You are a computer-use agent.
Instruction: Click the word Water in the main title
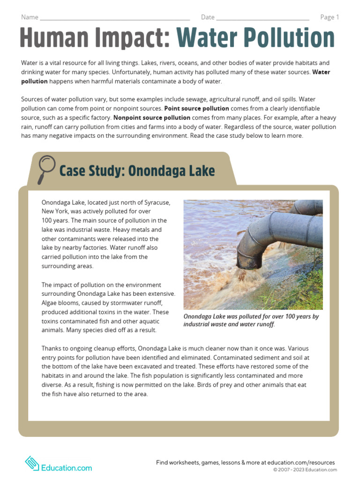(211, 38)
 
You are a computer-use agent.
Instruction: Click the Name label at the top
(29, 17)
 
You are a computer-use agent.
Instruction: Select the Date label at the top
(208, 17)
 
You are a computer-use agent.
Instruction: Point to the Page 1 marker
(329, 17)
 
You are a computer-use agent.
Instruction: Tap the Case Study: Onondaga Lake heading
(137, 171)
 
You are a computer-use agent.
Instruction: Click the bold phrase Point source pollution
(196, 108)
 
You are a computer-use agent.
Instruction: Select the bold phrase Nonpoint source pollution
(151, 118)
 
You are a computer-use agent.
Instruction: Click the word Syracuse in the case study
(155, 202)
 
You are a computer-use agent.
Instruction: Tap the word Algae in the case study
(50, 303)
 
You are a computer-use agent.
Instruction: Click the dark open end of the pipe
(247, 261)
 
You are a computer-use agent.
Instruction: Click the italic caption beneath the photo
(251, 320)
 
